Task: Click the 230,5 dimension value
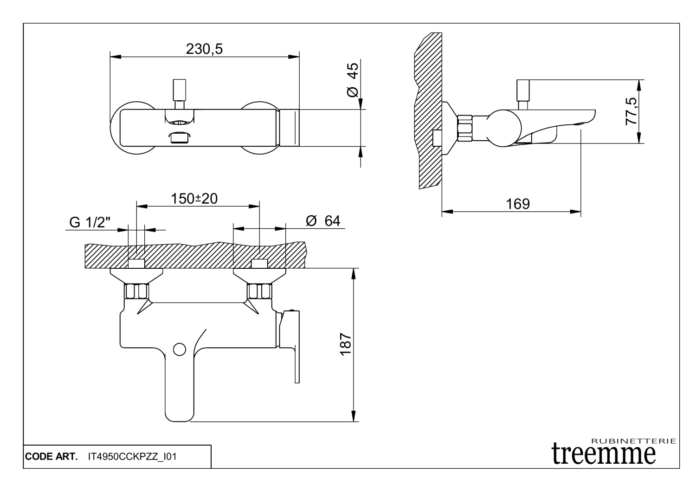point(204,49)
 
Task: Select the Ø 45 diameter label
point(353,80)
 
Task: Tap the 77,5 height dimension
point(632,111)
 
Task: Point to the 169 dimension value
point(518,204)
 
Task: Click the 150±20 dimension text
point(194,199)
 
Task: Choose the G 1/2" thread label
point(90,223)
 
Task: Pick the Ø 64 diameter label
point(323,221)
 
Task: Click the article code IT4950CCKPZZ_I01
point(132,457)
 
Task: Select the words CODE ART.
point(51,457)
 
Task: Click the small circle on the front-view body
point(179,350)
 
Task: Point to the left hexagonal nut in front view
point(136,291)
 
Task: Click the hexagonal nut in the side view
point(465,128)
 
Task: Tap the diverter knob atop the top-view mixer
point(180,90)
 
